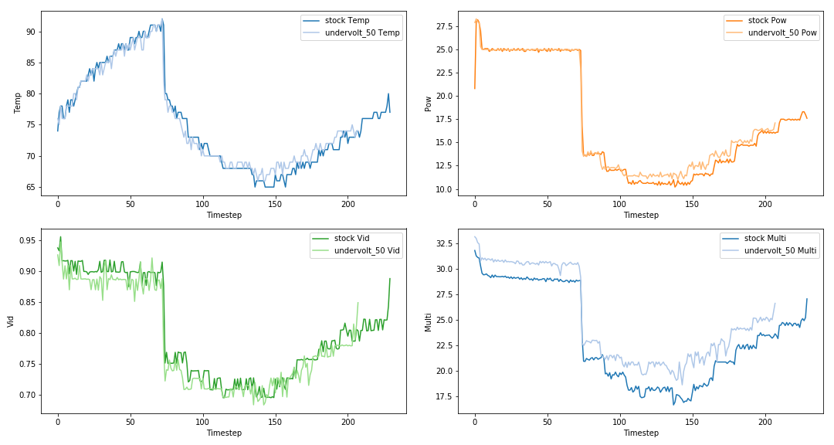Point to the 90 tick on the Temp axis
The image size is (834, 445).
[31, 32]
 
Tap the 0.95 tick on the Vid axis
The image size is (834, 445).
[29, 240]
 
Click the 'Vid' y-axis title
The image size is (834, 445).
[12, 321]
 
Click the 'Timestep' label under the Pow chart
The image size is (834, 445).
[641, 215]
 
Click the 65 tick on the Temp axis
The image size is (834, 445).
[31, 187]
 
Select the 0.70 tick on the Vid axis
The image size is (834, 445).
[29, 395]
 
